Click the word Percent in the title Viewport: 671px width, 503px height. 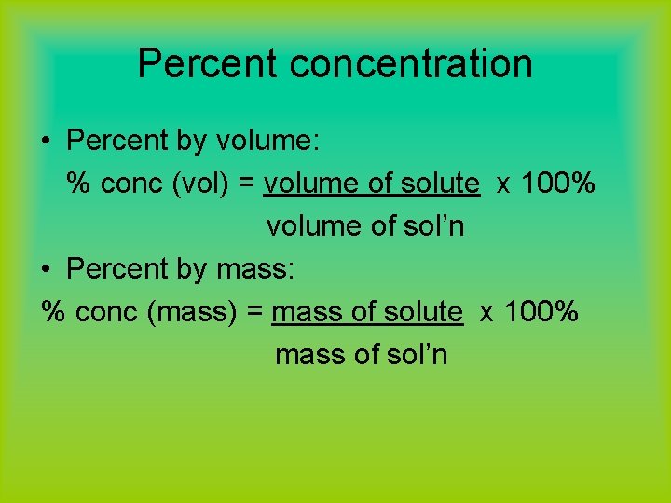pyautogui.click(x=207, y=64)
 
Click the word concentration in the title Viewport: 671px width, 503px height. pyautogui.click(x=411, y=64)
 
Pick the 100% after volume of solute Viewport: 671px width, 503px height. pyautogui.click(x=558, y=184)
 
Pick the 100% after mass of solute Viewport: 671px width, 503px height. pyautogui.click(x=541, y=313)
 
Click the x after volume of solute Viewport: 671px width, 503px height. pyautogui.click(x=503, y=184)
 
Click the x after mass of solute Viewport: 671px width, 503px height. pyautogui.click(x=486, y=313)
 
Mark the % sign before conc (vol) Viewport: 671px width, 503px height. pyautogui.click(x=78, y=184)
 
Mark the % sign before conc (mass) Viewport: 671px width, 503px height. pyautogui.click(x=54, y=313)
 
